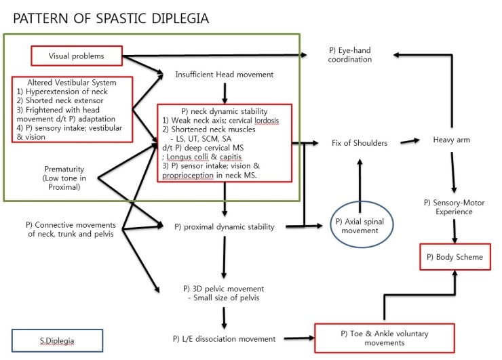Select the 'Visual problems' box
77,56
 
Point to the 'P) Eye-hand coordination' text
351,55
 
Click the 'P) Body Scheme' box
452,258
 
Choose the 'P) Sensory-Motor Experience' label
452,207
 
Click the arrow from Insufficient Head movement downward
225,91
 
